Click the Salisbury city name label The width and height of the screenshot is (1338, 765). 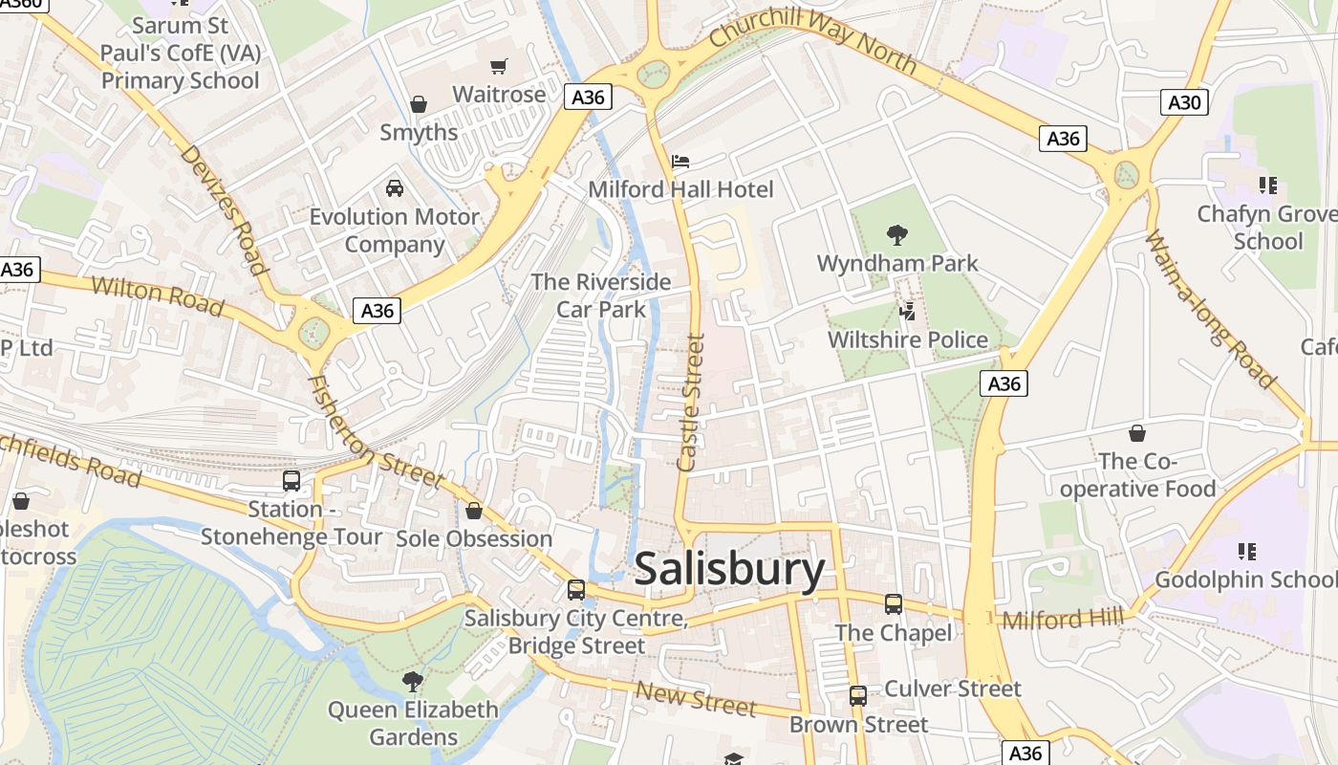pyautogui.click(x=728, y=570)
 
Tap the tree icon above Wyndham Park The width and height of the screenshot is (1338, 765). pyautogui.click(x=896, y=234)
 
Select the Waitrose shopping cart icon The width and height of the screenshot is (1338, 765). pyautogui.click(x=498, y=66)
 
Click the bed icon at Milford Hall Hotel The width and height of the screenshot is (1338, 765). pyautogui.click(x=680, y=162)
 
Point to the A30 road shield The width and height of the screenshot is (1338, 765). pyautogui.click(x=1184, y=102)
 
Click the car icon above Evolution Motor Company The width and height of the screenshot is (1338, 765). pyautogui.click(x=394, y=188)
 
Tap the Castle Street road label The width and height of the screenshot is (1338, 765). pyautogui.click(x=690, y=402)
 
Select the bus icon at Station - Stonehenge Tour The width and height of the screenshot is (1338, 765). pyautogui.click(x=291, y=481)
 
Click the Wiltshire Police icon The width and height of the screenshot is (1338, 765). pyautogui.click(x=908, y=311)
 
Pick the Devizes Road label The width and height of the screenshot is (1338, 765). pyautogui.click(x=223, y=208)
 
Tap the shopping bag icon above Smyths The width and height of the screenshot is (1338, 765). pyautogui.click(x=418, y=103)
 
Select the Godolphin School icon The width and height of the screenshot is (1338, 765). pyautogui.click(x=1246, y=551)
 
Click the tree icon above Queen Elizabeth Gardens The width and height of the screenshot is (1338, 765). pyautogui.click(x=413, y=681)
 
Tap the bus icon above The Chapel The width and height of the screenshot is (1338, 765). pyautogui.click(x=893, y=604)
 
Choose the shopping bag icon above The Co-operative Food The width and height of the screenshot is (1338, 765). pyautogui.click(x=1136, y=434)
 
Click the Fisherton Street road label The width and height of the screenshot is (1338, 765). pyautogui.click(x=375, y=432)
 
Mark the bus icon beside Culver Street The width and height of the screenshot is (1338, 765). pyautogui.click(x=858, y=695)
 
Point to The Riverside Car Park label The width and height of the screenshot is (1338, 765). pyautogui.click(x=601, y=295)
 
